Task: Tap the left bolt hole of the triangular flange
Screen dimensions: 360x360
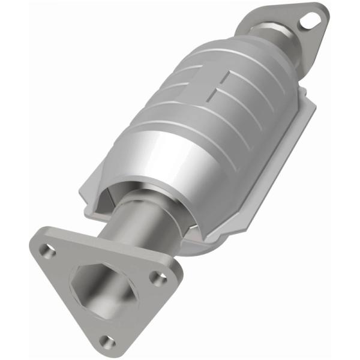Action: click(x=49, y=250)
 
